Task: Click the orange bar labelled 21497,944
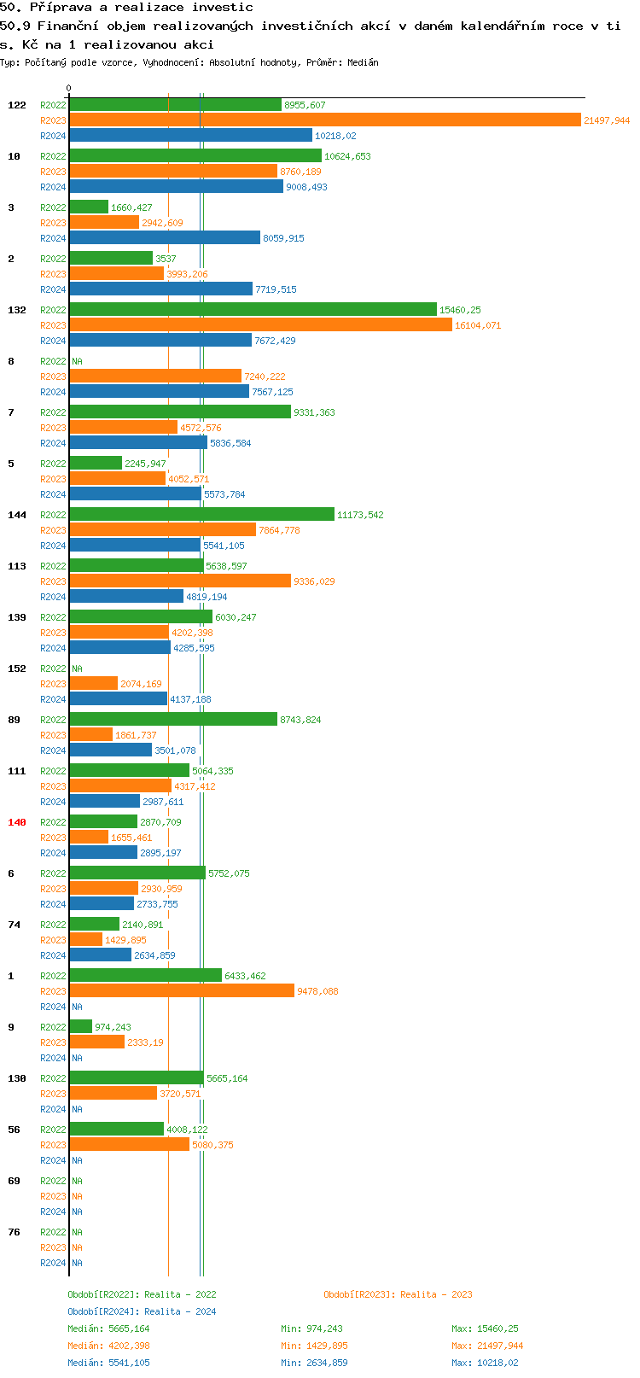324,120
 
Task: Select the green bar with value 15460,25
253,310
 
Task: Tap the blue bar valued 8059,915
165,238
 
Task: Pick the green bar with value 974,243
80,1027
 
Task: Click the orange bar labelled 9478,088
182,991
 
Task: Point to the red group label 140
17,822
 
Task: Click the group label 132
17,310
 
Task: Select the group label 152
17,669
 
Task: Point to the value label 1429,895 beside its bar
125,940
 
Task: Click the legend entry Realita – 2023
398,1294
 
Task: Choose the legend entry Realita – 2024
142,1311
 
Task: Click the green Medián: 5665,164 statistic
108,1328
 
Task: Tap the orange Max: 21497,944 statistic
487,1346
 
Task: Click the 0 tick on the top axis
69,88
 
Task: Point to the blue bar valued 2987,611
104,802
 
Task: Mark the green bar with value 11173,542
201,515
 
